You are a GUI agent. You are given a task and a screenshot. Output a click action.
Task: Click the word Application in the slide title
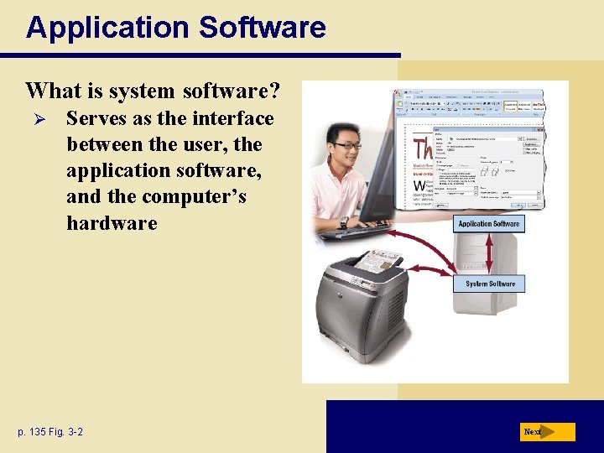tap(97, 28)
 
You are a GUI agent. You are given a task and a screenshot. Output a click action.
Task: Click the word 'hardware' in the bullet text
tap(112, 222)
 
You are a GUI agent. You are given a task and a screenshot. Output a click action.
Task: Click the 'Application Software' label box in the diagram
tap(489, 224)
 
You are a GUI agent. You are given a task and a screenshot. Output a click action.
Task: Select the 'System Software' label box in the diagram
tap(491, 284)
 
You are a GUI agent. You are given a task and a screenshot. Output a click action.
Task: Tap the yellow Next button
tap(546, 432)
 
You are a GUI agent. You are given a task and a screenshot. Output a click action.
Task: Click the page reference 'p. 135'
tap(32, 432)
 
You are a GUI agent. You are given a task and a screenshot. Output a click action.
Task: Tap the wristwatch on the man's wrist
tap(343, 222)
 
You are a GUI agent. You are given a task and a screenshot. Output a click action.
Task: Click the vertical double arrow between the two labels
tap(490, 253)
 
